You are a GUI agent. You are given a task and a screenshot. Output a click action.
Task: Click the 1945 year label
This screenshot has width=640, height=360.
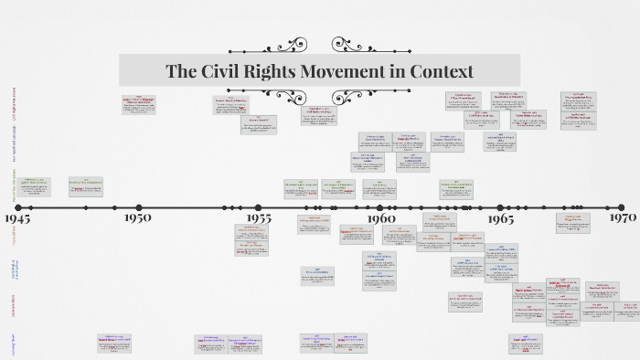(x=17, y=219)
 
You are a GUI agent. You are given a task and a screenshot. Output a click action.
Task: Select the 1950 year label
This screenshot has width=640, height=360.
(x=137, y=218)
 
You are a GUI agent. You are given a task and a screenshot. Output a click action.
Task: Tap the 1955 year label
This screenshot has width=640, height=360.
(x=259, y=218)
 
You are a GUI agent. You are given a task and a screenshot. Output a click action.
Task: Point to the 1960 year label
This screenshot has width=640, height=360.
(x=381, y=218)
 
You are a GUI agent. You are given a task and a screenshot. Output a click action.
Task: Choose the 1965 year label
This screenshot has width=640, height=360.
(x=500, y=218)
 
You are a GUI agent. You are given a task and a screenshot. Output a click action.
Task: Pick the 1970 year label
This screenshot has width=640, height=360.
(x=623, y=218)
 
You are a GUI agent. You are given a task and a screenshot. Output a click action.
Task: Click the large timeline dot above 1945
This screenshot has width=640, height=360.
(x=17, y=207)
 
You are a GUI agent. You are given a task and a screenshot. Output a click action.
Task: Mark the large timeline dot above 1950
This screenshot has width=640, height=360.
(x=138, y=207)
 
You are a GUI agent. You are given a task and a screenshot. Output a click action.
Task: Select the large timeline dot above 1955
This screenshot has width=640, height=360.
(x=259, y=207)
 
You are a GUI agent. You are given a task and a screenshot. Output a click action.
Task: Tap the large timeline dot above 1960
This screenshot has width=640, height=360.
(x=379, y=207)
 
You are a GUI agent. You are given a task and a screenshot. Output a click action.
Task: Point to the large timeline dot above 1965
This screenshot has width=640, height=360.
(x=500, y=207)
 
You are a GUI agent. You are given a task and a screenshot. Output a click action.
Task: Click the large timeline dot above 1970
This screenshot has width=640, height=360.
(x=621, y=207)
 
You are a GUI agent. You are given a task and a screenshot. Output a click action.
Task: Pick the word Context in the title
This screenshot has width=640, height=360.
(x=443, y=71)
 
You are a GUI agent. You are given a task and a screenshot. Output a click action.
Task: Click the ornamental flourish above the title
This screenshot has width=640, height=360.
(x=319, y=46)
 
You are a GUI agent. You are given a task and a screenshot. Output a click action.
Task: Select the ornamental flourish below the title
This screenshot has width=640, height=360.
(x=319, y=96)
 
